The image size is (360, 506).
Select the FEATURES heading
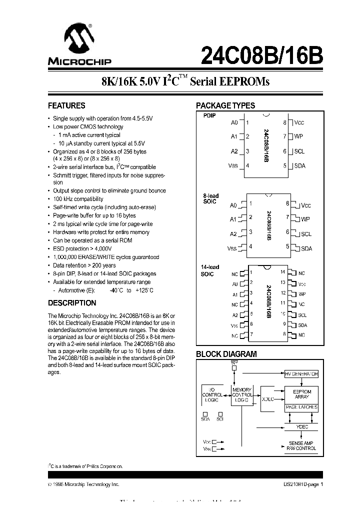[66, 106]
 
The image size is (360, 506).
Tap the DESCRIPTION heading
[72, 303]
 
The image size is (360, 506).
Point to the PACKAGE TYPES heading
[225, 106]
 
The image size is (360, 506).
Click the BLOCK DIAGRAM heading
[226, 354]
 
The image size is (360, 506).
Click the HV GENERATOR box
[301, 374]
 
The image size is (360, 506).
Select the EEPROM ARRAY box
[301, 394]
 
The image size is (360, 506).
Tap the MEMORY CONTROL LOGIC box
[242, 395]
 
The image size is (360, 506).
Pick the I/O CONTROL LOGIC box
[211, 394]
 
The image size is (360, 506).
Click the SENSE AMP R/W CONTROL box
[301, 446]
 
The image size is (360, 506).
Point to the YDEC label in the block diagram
[301, 426]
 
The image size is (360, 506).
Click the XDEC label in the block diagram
[268, 399]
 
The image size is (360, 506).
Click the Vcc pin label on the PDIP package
[299, 122]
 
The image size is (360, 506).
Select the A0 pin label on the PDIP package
[234, 122]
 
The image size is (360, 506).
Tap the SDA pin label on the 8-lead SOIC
[306, 248]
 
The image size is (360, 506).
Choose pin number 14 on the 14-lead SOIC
[282, 272]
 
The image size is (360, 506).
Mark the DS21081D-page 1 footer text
[300, 484]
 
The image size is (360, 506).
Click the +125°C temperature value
[144, 290]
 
